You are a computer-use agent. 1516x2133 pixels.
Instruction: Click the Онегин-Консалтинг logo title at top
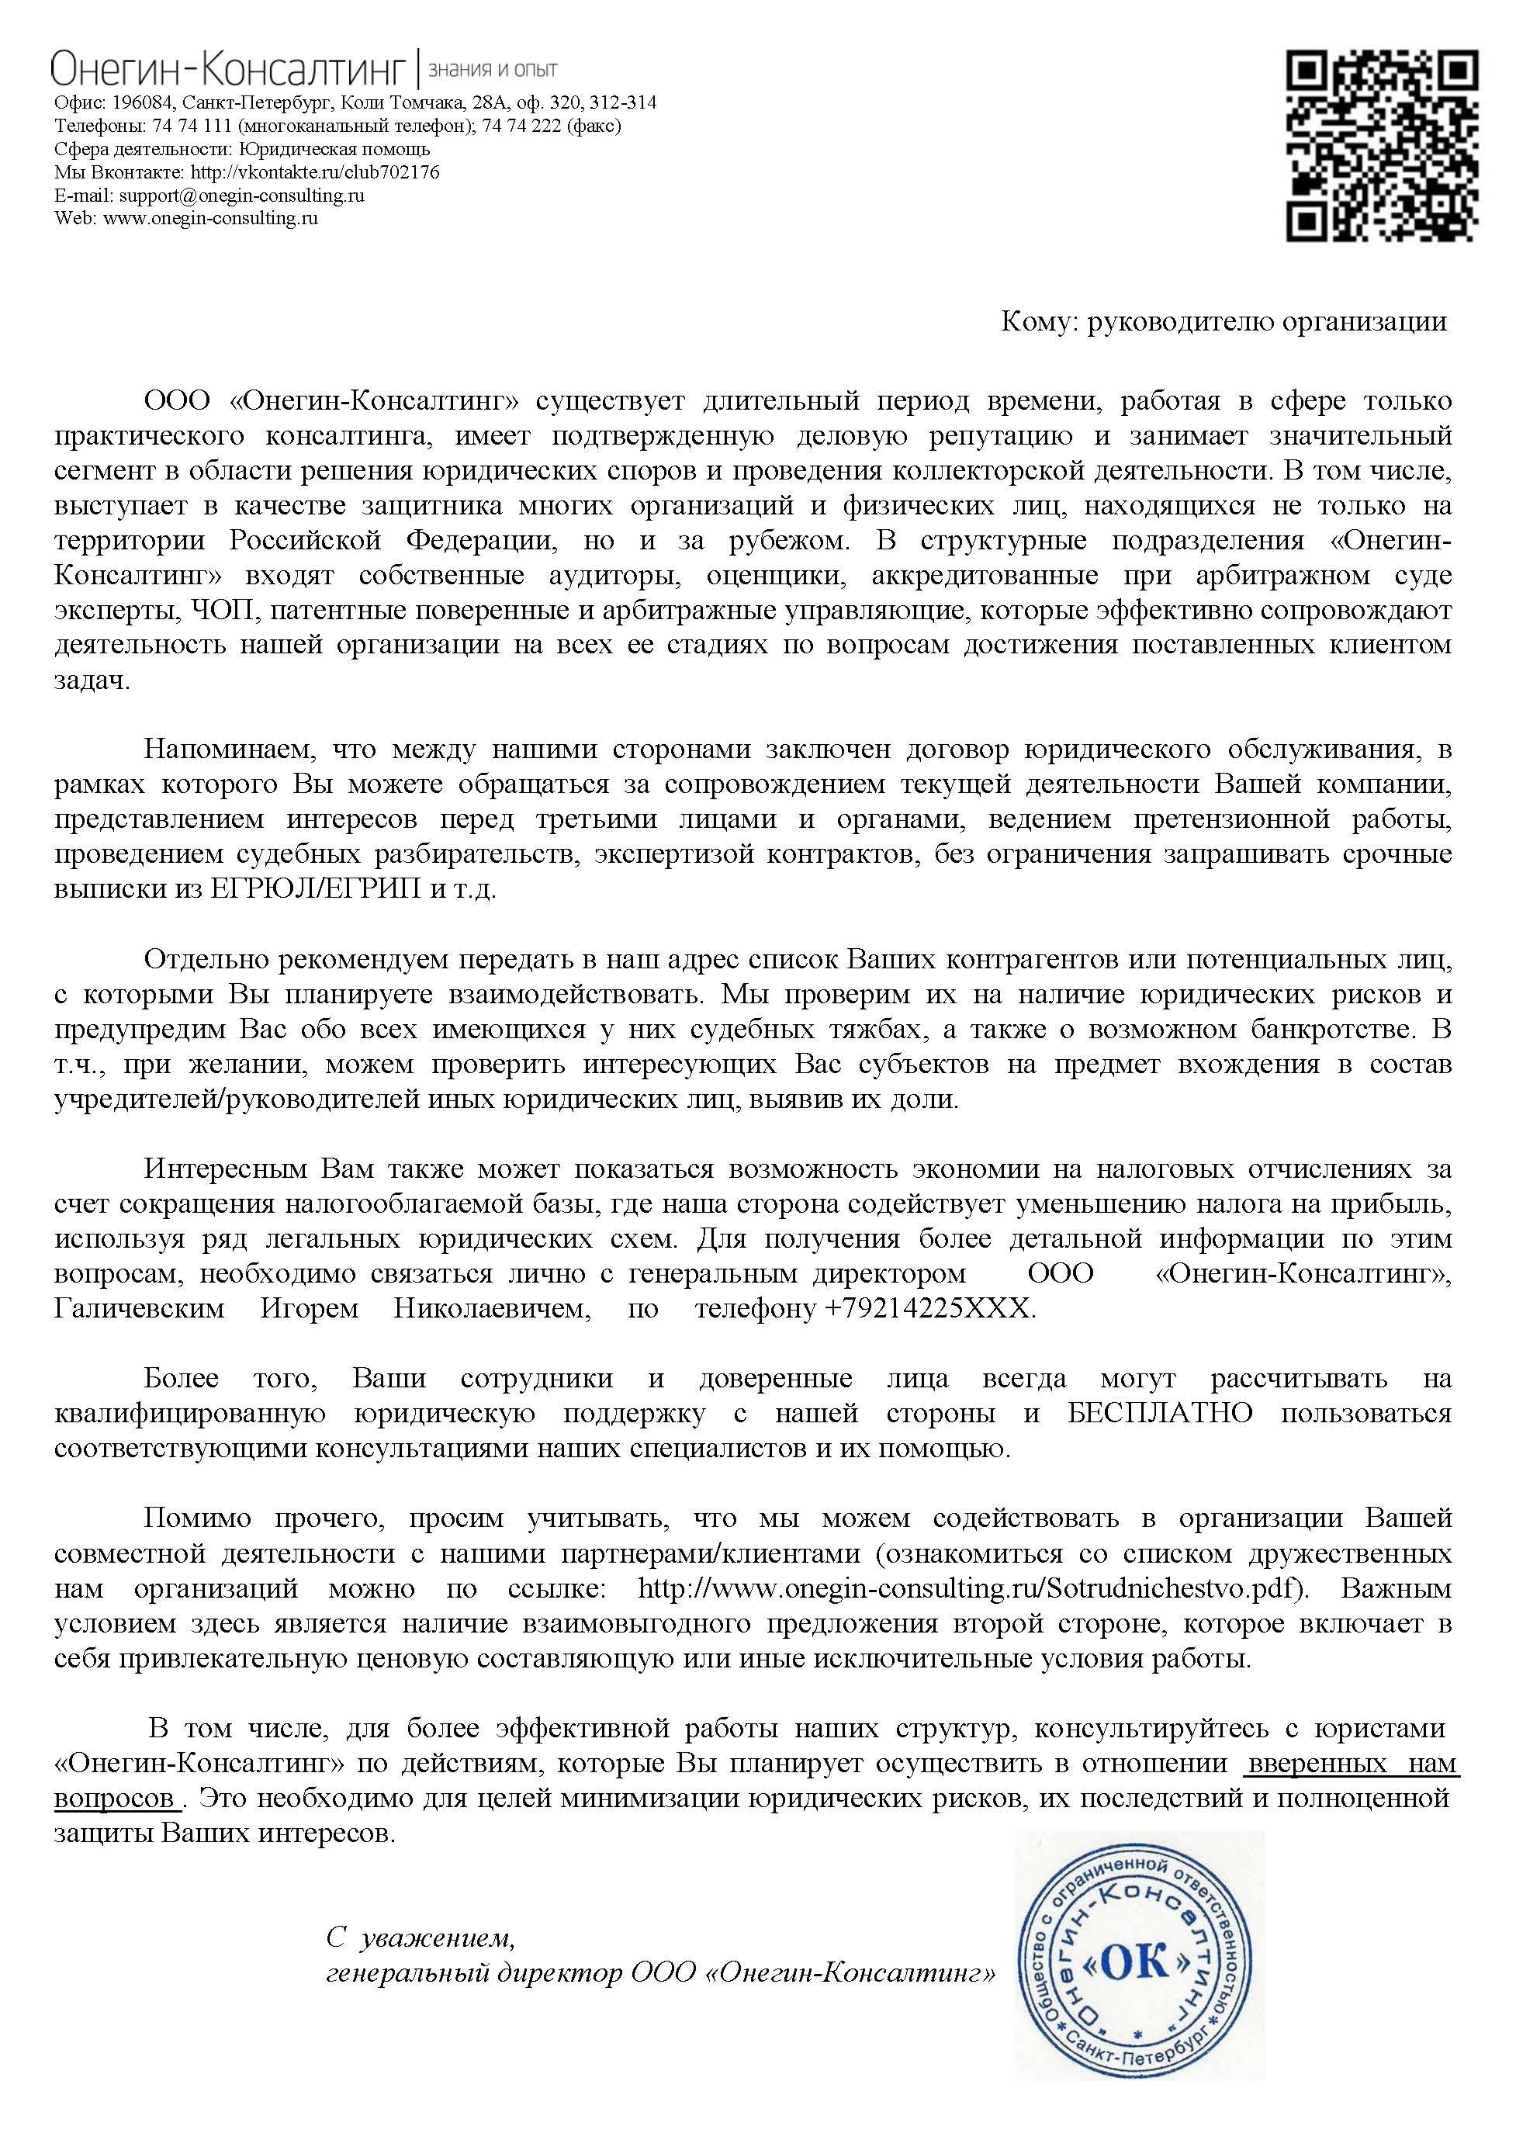click(x=230, y=71)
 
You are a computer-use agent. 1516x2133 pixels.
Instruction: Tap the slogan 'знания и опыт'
click(x=492, y=70)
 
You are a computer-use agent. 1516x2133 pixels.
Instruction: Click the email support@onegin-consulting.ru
click(x=241, y=195)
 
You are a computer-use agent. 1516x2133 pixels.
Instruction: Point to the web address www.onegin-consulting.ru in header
click(x=210, y=219)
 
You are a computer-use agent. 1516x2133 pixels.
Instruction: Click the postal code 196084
click(x=142, y=102)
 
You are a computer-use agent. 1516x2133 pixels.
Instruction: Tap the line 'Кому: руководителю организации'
click(x=1223, y=322)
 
